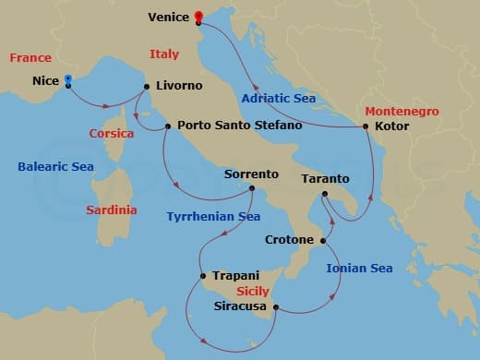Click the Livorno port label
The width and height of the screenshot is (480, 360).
point(179,86)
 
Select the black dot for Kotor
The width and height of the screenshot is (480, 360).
point(366,126)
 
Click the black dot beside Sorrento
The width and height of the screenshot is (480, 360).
point(249,188)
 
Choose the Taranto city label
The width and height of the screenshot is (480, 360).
point(326,177)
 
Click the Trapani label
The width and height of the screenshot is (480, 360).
point(235,275)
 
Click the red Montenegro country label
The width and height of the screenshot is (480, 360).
point(402,111)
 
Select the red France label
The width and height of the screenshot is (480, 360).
point(30,57)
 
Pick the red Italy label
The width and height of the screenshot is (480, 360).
point(164,54)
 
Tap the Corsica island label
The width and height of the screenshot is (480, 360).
point(112,133)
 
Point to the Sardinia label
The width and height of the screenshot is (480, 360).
point(112,210)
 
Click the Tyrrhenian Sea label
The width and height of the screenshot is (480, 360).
point(213,217)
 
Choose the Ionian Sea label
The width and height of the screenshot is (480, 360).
point(359,269)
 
